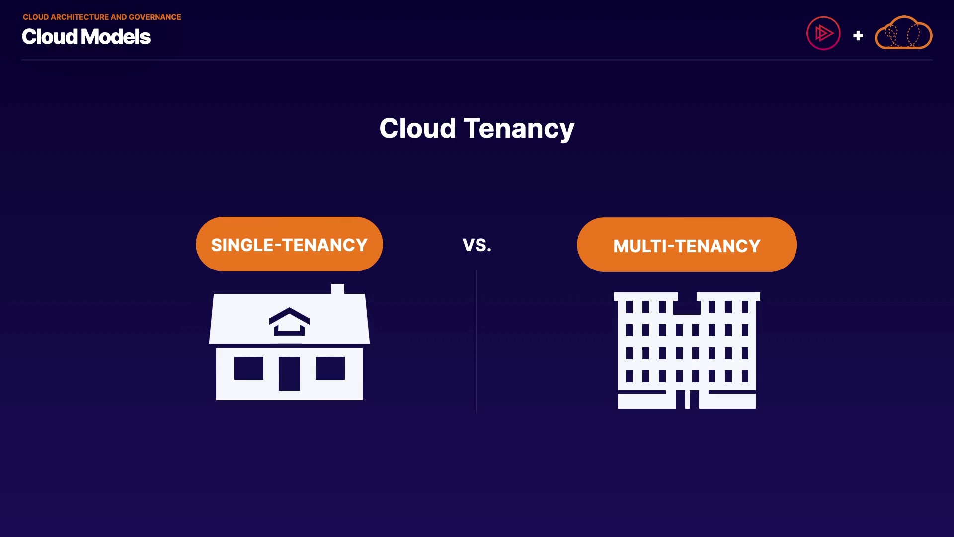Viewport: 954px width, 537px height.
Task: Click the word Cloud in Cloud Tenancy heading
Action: (417, 128)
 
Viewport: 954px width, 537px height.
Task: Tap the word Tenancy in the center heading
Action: (519, 130)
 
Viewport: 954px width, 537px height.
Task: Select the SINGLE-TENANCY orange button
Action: (289, 244)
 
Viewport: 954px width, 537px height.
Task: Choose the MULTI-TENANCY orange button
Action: (687, 245)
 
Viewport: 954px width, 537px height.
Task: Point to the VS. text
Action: (477, 245)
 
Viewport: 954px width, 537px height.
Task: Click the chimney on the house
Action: (338, 289)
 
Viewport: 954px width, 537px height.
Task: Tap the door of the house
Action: (289, 373)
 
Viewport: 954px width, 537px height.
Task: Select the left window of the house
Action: (248, 368)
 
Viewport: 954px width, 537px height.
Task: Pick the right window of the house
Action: (330, 368)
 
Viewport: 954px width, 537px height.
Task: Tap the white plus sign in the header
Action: (858, 36)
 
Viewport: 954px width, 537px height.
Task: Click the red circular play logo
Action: (823, 33)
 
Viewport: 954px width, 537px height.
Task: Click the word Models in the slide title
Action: (116, 37)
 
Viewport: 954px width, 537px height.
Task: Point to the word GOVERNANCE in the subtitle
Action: (155, 17)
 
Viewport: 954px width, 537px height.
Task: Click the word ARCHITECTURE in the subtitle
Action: (80, 17)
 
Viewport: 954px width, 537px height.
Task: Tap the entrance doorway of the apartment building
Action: (687, 399)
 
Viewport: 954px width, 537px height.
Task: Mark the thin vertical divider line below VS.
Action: (476, 342)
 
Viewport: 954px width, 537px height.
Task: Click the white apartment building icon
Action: (687, 351)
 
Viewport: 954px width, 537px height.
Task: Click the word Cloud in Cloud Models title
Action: (50, 37)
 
